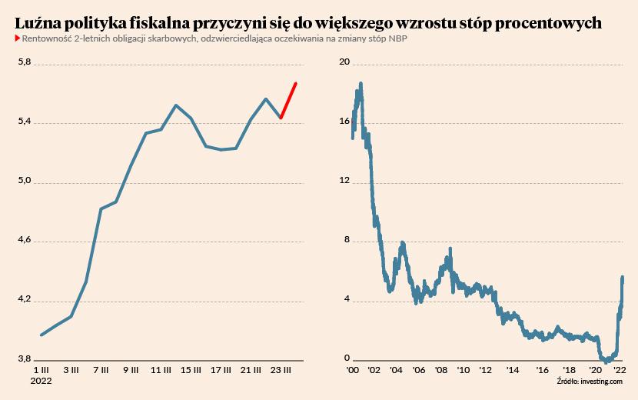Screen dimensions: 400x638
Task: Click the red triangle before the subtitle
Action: (x=18, y=38)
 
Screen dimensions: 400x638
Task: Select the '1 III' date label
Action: (x=40, y=371)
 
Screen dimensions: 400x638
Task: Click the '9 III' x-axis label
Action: (x=131, y=371)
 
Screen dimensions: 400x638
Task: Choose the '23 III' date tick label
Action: (x=281, y=371)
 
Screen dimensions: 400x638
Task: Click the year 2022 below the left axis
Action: (x=41, y=381)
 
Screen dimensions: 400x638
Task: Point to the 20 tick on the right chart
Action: (x=344, y=62)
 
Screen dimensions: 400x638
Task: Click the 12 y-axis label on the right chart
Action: (x=344, y=182)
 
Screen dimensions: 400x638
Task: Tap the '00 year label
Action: (x=353, y=371)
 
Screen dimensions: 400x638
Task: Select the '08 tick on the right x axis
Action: (x=442, y=371)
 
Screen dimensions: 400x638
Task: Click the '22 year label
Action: (x=620, y=371)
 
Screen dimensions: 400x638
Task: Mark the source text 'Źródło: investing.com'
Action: (x=590, y=381)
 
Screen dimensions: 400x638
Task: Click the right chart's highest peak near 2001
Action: (x=361, y=83)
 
